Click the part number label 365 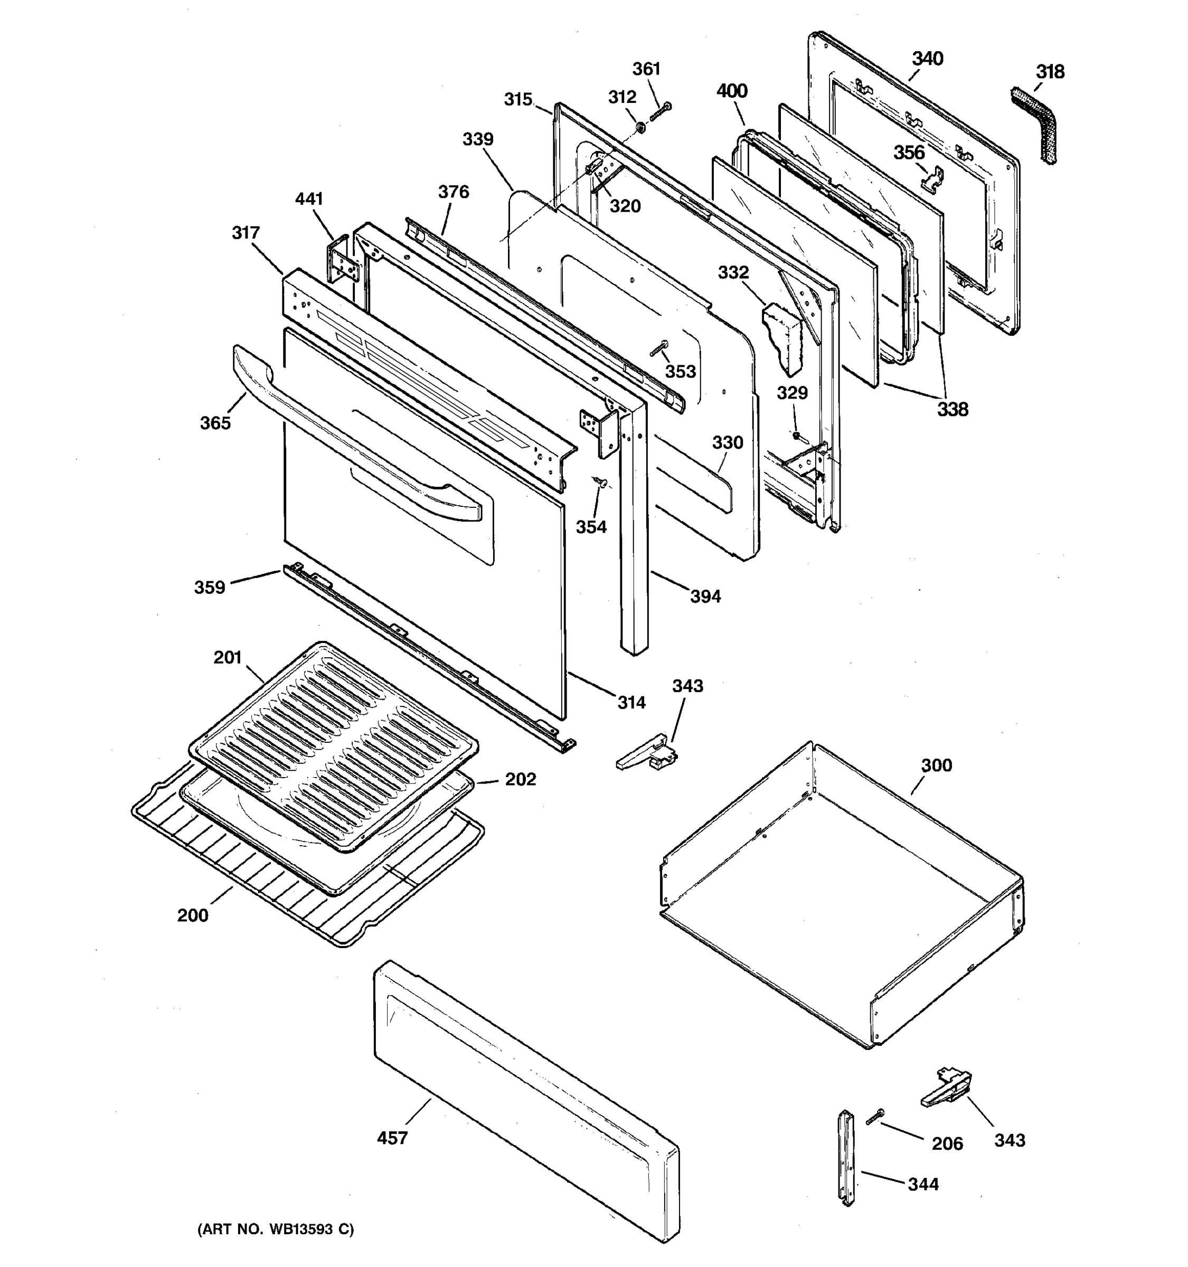(215, 423)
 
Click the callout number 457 (392, 1138)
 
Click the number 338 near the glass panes (952, 409)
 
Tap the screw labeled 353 (658, 348)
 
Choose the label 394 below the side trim (705, 597)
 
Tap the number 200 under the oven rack (193, 915)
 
